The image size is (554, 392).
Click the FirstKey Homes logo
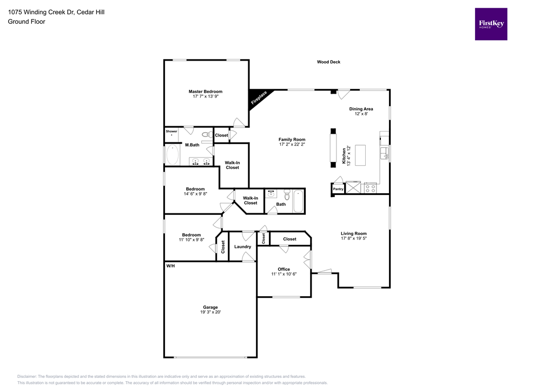point(491,24)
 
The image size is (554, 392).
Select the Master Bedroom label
point(205,92)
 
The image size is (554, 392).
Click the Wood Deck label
point(328,62)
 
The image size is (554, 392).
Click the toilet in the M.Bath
point(206,134)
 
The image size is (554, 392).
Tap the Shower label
point(172,132)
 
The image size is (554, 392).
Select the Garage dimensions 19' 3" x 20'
point(210,312)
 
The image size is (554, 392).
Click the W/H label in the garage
point(170,266)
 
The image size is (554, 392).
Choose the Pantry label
point(338,189)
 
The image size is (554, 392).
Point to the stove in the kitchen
point(371,188)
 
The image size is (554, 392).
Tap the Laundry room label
point(242,247)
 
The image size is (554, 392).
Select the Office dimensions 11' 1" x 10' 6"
point(283,275)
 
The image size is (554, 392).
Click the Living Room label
point(354,233)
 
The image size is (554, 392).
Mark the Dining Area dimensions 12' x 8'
point(361,114)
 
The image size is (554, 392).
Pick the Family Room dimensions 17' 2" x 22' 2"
point(292,145)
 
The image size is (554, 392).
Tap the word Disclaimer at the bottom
point(27,376)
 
